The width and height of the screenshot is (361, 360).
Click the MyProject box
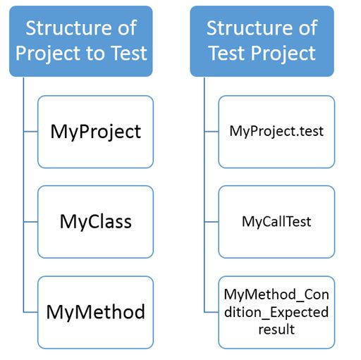coord(95,132)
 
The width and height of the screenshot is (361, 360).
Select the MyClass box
coord(95,222)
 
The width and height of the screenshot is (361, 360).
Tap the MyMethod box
coord(95,312)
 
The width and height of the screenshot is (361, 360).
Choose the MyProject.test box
coord(276,132)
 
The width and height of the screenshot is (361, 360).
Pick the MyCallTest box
coord(276,222)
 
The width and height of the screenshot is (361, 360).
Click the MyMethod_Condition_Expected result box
coord(276,312)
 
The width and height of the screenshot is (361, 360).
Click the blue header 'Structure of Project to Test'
coord(81,41)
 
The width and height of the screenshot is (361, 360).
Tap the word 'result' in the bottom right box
coord(276,328)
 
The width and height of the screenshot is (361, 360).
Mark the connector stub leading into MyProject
coord(30,132)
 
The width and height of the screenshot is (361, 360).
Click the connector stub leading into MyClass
coord(30,222)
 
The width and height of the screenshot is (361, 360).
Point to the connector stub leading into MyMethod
coord(30,312)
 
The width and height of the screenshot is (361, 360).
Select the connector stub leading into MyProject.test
coord(212,132)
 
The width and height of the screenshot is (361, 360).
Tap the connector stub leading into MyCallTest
coord(212,222)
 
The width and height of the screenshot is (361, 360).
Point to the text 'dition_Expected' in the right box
coord(276,311)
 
